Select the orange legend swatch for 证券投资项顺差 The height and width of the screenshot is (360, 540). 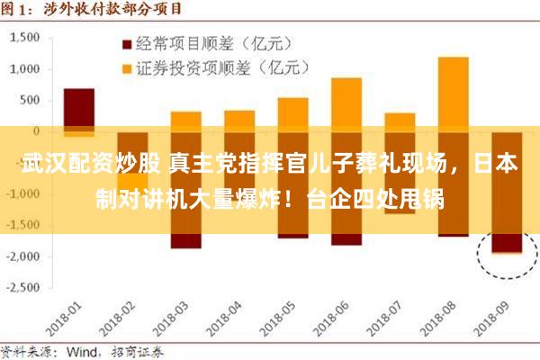click(x=126, y=67)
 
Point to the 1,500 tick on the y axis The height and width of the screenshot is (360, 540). click(x=27, y=38)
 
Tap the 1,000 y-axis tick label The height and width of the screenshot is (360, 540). click(x=27, y=69)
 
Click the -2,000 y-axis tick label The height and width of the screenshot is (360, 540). click(x=25, y=256)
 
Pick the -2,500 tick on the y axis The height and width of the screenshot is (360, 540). click(x=25, y=287)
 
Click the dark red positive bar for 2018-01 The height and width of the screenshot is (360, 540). click(x=79, y=108)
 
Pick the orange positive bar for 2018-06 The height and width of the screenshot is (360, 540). click(x=346, y=103)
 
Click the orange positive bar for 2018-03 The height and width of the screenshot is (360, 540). click(x=185, y=121)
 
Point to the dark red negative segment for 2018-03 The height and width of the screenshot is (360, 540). click(x=185, y=240)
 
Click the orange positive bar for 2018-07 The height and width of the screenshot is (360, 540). click(x=400, y=121)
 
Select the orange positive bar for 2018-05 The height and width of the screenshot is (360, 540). click(x=292, y=113)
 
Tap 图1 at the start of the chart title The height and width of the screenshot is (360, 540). click(x=16, y=9)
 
